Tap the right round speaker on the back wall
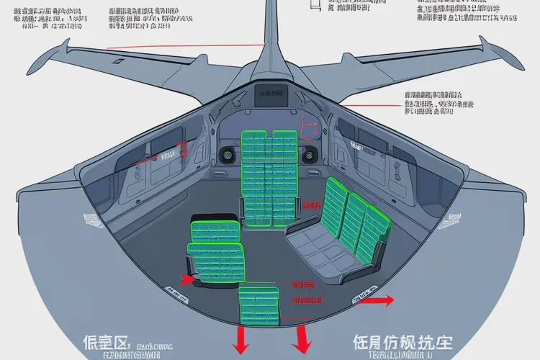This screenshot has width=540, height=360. [x=310, y=153]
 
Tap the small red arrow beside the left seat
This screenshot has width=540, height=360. [x=186, y=279]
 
